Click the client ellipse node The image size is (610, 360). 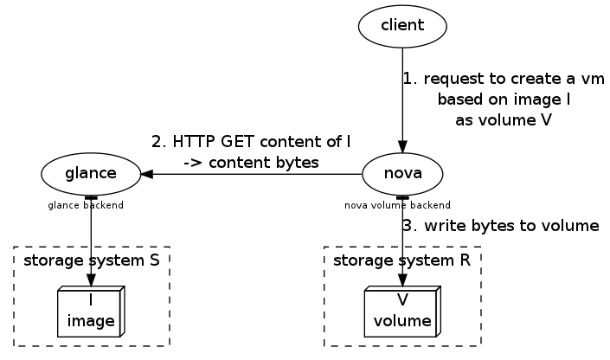point(402,25)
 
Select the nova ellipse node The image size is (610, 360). point(402,173)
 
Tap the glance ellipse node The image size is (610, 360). point(91,173)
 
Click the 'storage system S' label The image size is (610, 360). point(91,260)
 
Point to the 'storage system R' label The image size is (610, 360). point(401,260)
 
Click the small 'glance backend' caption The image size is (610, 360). point(86,206)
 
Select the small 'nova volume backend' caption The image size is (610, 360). point(397,206)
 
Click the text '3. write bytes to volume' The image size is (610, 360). point(501,226)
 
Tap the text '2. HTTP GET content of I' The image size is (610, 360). point(251,141)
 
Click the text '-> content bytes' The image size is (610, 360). point(251,162)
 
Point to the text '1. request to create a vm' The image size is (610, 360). point(503,79)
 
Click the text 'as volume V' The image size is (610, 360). point(503,120)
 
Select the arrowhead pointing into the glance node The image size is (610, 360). point(147,173)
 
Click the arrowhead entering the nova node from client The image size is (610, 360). point(402,146)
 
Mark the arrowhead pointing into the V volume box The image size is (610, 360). point(402,280)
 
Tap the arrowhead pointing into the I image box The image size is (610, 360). point(91,280)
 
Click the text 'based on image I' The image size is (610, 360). point(503,100)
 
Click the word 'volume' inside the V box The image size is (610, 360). point(402,322)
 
